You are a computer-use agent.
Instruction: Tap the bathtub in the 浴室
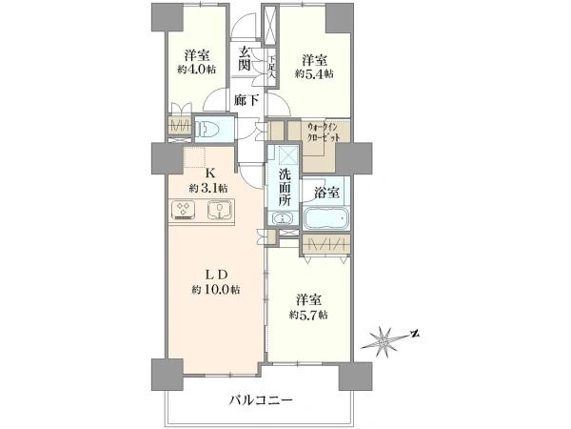coord(326,217)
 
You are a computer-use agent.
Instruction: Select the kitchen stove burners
coord(183,210)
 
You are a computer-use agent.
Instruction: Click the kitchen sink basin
coord(220,210)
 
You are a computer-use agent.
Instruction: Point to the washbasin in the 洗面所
coord(283,218)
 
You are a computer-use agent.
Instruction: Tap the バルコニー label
coord(261,401)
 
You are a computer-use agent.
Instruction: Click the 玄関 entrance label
coord(245,59)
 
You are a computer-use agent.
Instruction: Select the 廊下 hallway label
coord(246,99)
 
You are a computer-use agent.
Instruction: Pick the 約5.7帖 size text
coord(308,315)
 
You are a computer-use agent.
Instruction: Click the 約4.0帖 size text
coord(196,69)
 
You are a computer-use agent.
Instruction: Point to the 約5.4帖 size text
coord(314,73)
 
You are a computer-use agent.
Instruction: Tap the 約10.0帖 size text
coord(216,290)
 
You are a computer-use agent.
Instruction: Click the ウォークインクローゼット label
coord(324,133)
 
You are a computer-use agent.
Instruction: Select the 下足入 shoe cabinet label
coord(272,68)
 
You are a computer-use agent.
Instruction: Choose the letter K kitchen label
coord(210,172)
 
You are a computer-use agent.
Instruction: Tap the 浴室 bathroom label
coord(327,193)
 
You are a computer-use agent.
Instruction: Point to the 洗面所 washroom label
coord(285,188)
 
